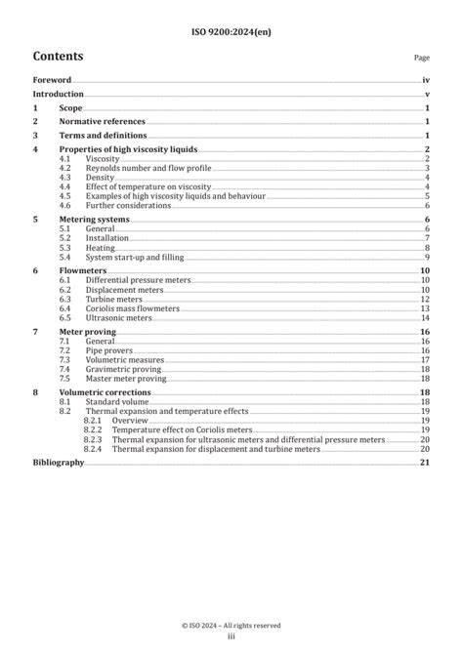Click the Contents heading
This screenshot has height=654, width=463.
(58, 57)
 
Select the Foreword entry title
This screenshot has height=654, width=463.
(52, 81)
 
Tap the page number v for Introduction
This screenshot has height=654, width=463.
(428, 95)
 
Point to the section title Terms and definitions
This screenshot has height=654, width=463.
(103, 136)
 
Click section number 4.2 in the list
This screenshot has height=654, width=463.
(64, 168)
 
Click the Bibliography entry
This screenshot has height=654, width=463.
(58, 462)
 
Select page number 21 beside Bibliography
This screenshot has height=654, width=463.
(425, 462)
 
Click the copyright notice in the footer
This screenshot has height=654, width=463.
(231, 625)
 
